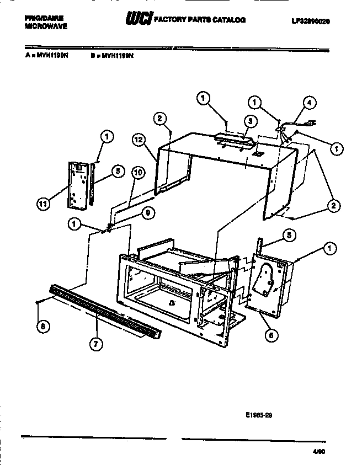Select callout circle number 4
310,102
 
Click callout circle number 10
137,172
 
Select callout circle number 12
139,140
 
